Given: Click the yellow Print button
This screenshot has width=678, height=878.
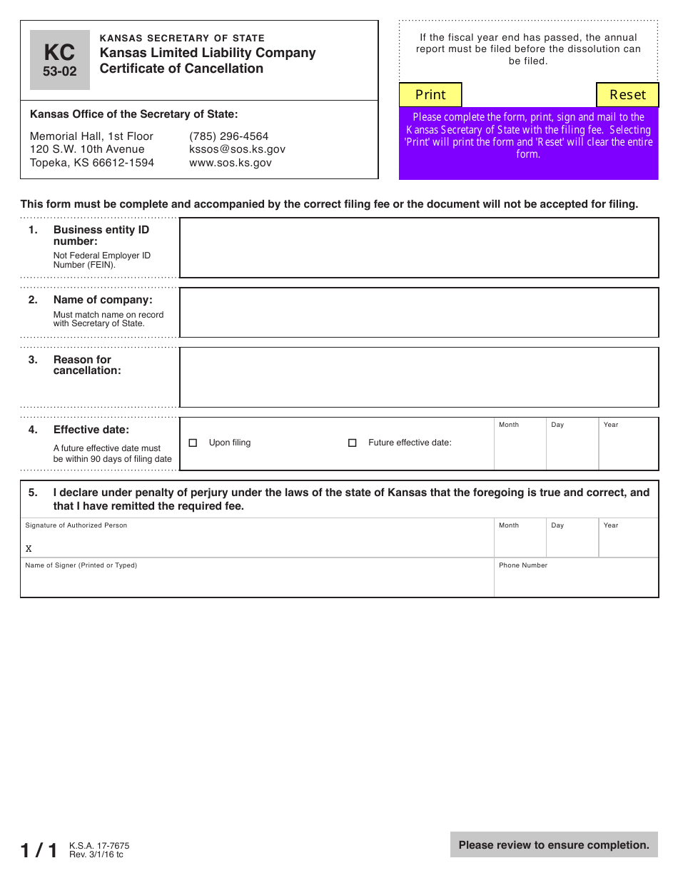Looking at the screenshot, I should [x=430, y=95].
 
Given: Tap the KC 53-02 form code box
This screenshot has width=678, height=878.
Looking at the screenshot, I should [x=60, y=60].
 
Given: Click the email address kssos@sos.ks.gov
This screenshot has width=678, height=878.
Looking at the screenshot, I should [x=237, y=149].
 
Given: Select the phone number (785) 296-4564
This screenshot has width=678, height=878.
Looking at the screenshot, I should [x=228, y=136].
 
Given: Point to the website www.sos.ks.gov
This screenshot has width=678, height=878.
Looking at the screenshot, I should [x=230, y=163].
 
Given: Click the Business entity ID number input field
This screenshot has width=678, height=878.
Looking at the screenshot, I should [x=418, y=248].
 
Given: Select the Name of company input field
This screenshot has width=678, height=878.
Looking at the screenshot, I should [x=418, y=313].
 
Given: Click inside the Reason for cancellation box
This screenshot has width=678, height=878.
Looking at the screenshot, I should [x=418, y=378].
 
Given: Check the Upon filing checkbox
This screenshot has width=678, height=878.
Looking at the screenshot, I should [x=193, y=443].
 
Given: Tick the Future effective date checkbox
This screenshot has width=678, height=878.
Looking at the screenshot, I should [x=352, y=443].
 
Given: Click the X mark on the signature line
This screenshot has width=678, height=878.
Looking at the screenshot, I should [x=29, y=549].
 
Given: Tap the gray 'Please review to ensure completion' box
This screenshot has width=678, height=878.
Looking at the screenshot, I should [x=554, y=845].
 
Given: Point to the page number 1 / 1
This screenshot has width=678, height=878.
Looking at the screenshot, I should [x=39, y=850].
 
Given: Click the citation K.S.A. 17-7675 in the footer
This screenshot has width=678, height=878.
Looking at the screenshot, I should [x=99, y=846].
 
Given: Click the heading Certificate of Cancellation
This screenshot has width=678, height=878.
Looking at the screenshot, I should [x=181, y=69].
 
